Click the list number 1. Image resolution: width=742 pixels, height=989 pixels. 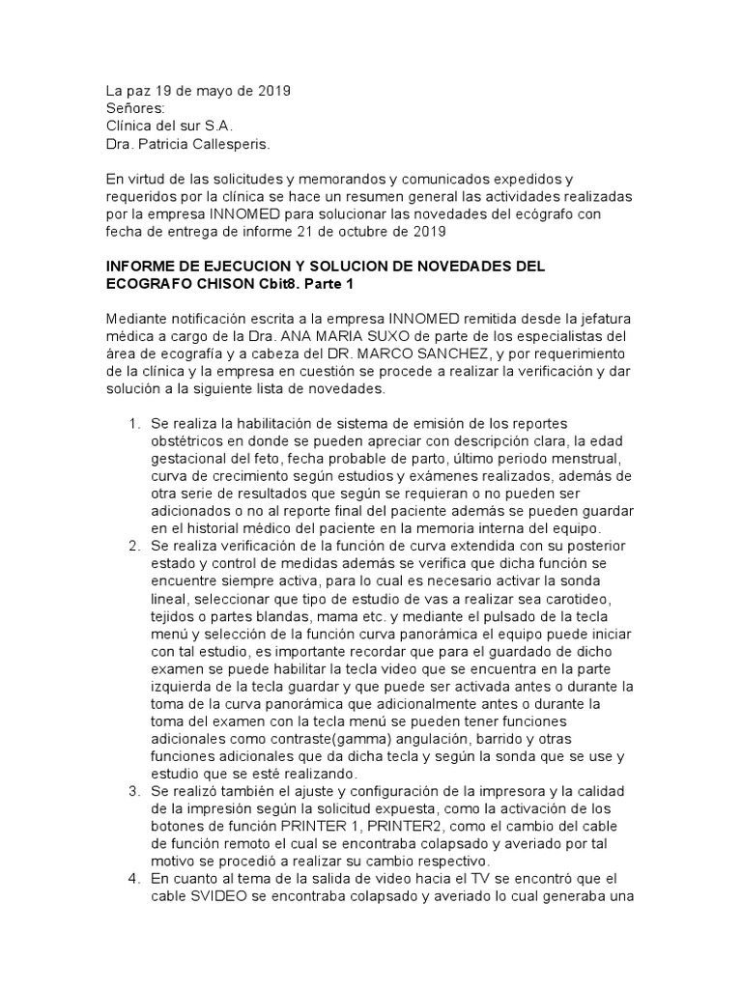tap(132, 425)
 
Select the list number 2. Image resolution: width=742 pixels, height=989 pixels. tap(132, 548)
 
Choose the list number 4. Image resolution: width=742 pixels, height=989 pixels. tap(132, 878)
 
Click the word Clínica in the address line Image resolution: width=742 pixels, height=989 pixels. tap(130, 126)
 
